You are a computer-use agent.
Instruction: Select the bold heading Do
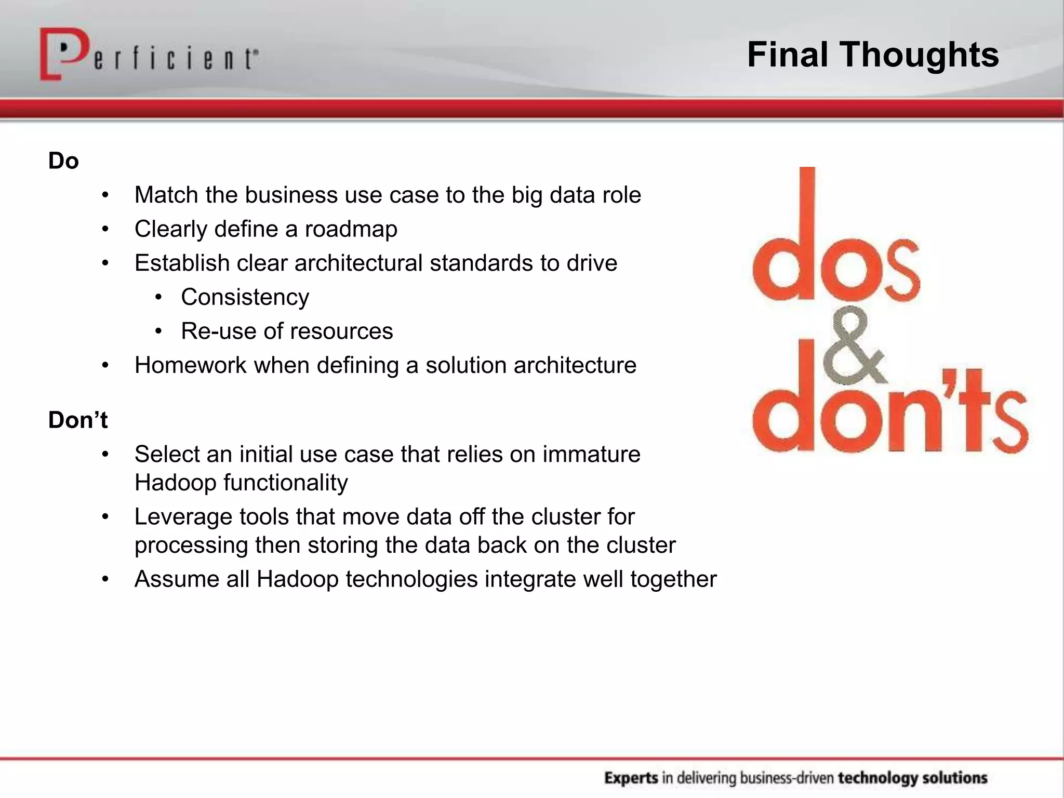(63, 161)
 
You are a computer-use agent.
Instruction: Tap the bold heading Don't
(78, 420)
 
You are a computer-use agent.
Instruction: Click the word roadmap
(351, 229)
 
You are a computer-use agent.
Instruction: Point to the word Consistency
(245, 297)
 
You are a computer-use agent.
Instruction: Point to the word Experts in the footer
(631, 778)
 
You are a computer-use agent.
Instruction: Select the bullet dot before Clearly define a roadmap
(105, 229)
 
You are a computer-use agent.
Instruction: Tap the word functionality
(285, 483)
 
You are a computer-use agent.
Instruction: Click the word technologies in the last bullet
(411, 579)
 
